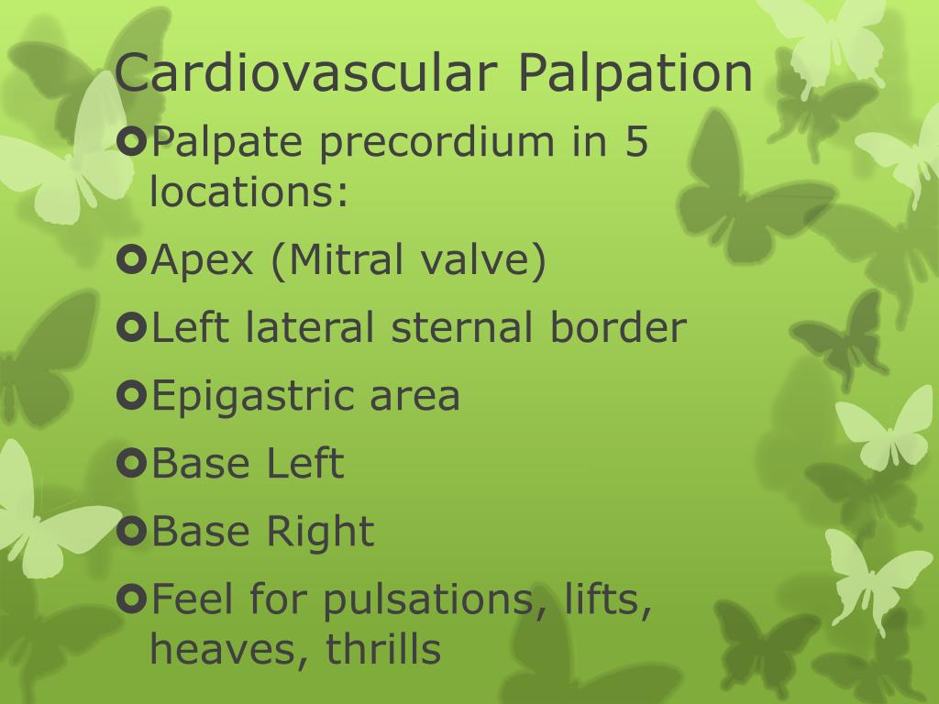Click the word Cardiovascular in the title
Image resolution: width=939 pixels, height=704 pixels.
(x=305, y=73)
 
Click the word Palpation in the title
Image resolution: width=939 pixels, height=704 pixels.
(x=635, y=73)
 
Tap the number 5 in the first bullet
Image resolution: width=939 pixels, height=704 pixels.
(x=636, y=141)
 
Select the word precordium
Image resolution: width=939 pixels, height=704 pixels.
(x=437, y=142)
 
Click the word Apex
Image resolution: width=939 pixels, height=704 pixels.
(x=203, y=259)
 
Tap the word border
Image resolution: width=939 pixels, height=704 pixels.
(x=618, y=327)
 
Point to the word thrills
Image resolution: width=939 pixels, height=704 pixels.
(x=383, y=648)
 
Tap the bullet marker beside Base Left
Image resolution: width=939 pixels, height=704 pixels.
(x=132, y=463)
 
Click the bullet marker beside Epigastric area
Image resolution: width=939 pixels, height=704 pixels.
(x=132, y=395)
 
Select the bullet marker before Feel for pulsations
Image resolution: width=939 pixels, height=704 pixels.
(x=132, y=599)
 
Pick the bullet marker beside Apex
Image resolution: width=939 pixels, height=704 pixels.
(x=132, y=259)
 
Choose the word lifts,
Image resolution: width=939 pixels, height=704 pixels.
(x=607, y=599)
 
